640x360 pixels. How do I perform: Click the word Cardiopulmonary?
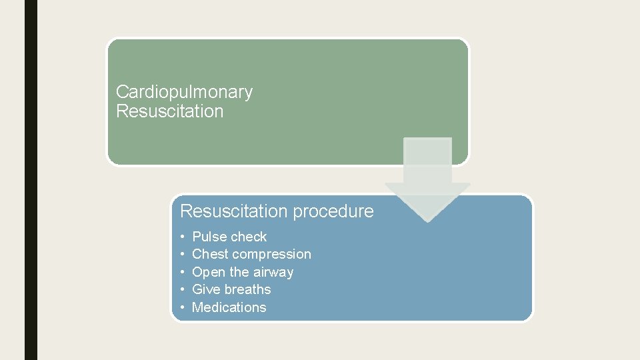click(x=184, y=92)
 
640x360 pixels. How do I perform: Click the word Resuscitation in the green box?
click(x=169, y=111)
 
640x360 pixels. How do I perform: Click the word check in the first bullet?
click(x=248, y=237)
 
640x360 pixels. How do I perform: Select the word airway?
click(x=273, y=272)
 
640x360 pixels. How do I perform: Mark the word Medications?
click(x=229, y=307)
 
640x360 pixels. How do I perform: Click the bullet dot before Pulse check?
click(x=183, y=237)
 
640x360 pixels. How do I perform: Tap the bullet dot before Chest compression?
click(x=183, y=254)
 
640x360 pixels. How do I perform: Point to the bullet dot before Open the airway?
click(x=183, y=272)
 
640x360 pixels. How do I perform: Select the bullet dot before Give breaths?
click(x=183, y=289)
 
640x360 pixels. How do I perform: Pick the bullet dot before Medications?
click(x=183, y=307)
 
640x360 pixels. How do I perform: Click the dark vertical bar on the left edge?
click(x=31, y=180)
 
